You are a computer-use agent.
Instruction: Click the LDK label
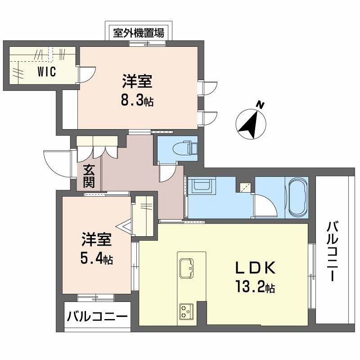tap(255, 268)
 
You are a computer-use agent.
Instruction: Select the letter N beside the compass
tap(260, 105)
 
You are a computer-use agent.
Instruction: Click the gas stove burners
tap(185, 310)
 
